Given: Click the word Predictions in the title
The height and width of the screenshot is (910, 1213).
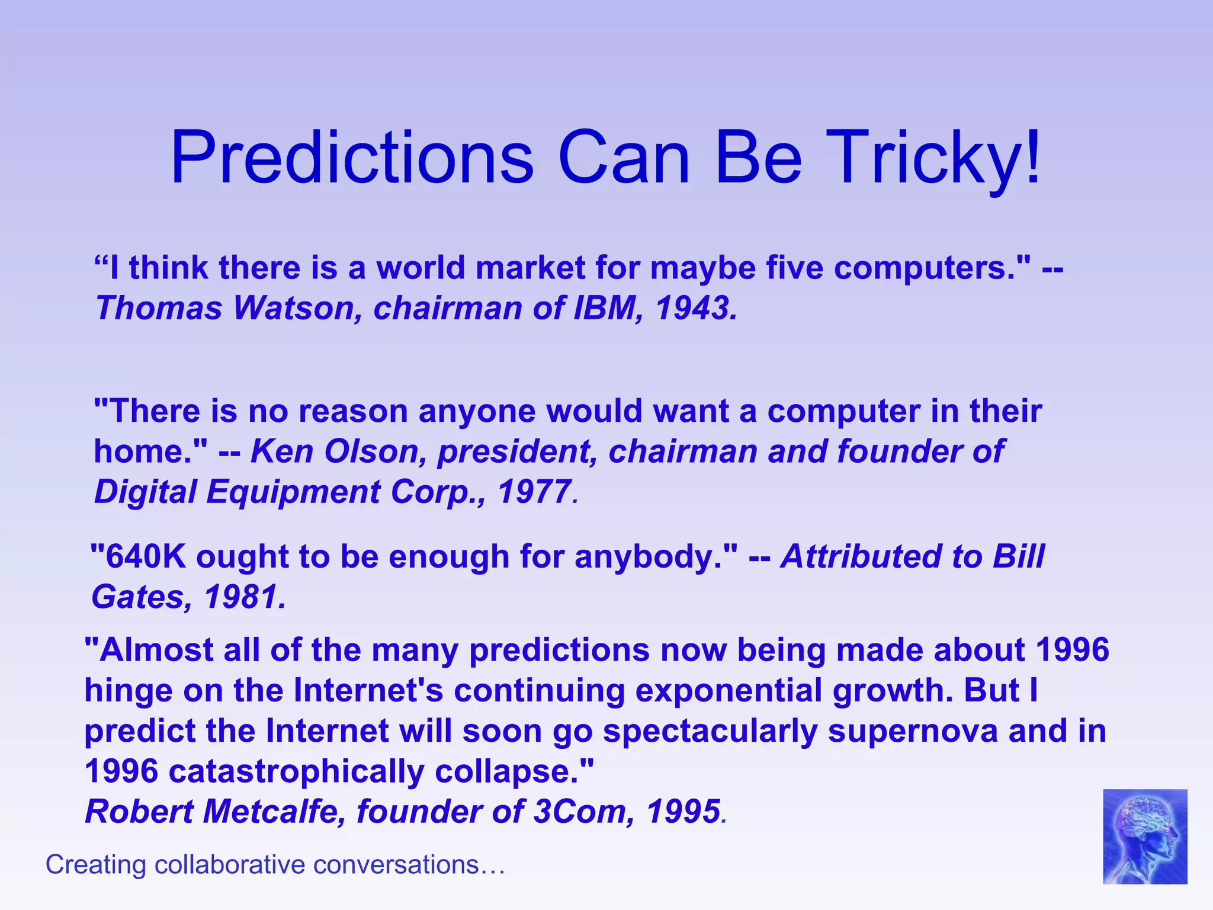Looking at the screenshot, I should click(x=352, y=158).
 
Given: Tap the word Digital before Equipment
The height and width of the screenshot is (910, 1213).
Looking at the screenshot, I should click(x=145, y=492).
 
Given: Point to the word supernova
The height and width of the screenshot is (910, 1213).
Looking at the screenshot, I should click(x=913, y=730).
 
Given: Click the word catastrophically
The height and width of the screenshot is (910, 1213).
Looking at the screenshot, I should click(x=296, y=771).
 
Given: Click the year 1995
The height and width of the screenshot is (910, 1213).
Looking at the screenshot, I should click(x=683, y=812).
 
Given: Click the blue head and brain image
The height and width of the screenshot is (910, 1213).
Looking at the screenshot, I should click(x=1144, y=836).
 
